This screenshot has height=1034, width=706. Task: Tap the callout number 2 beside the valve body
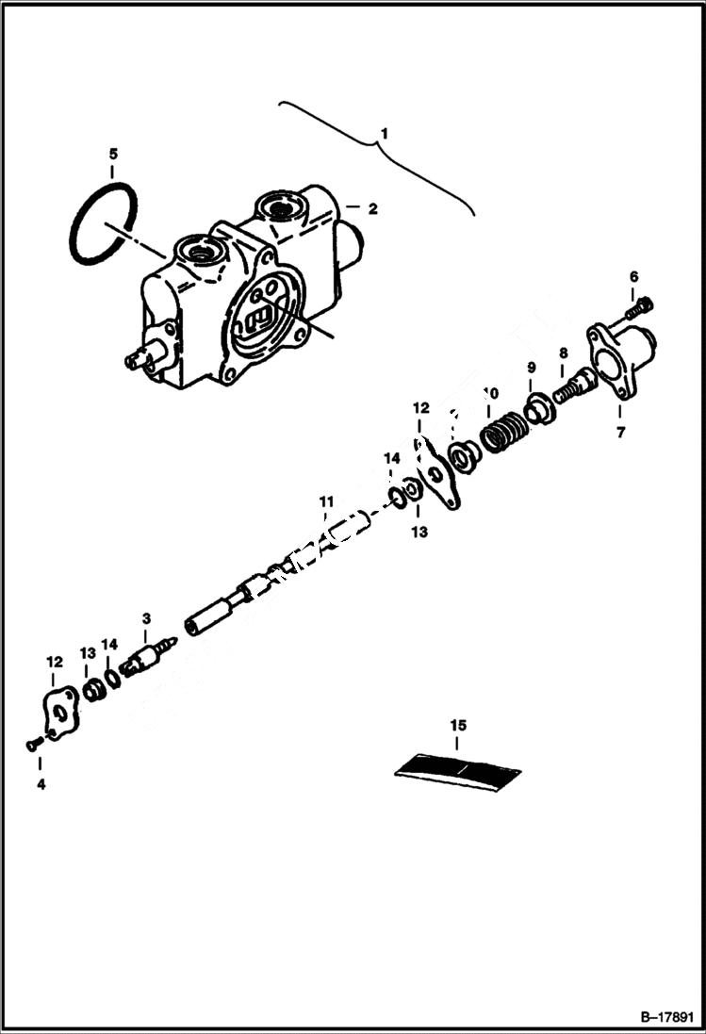372,209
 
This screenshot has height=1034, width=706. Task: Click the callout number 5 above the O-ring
112,154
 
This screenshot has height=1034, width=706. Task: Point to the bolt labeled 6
643,304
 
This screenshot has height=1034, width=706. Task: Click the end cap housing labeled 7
623,356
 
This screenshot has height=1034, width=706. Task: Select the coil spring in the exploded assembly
505,435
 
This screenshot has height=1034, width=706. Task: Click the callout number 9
531,367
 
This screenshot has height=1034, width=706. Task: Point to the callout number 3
146,618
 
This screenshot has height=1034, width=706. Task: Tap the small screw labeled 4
33,745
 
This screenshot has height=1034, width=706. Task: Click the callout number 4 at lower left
41,782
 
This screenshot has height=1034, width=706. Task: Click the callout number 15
458,725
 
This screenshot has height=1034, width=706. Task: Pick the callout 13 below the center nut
419,532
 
